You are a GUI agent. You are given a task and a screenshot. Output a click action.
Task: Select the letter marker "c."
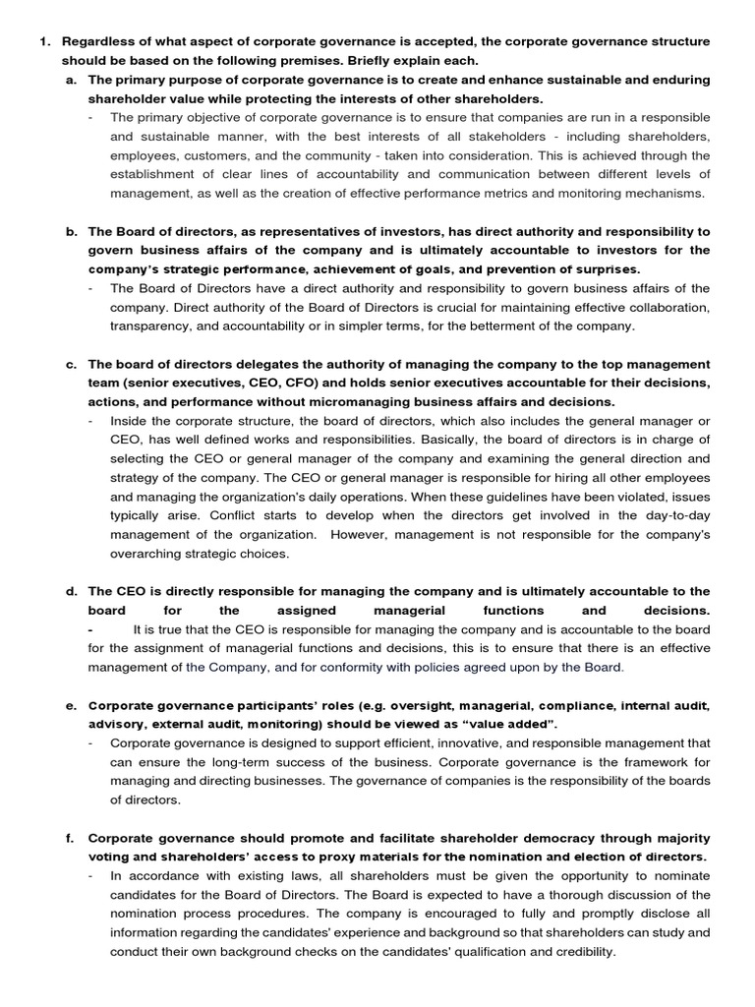coord(72,364)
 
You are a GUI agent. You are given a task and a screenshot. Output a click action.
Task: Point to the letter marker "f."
coord(71,838)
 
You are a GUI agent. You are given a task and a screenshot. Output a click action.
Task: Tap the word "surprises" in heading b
coord(606,268)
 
